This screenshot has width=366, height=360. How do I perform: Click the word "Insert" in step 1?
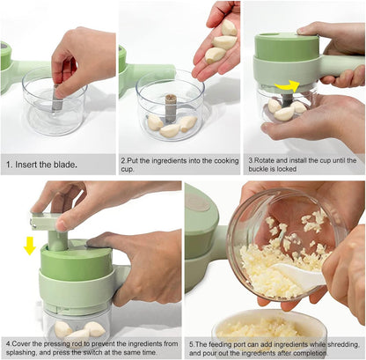pos(33,165)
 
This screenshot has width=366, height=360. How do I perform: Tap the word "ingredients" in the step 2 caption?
pos(163,160)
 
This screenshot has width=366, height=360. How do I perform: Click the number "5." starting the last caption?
pos(194,338)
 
